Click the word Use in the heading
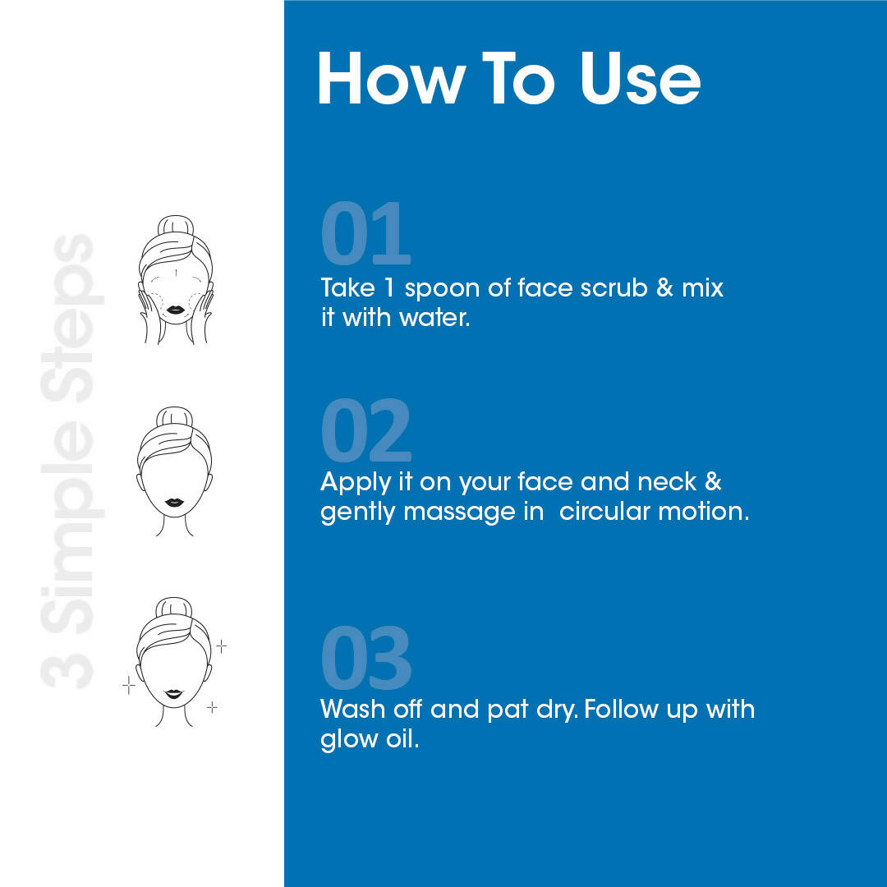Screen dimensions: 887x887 (x=641, y=78)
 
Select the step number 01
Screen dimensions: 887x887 (x=365, y=233)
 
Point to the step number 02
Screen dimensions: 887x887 (x=365, y=430)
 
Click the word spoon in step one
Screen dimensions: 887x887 (x=442, y=289)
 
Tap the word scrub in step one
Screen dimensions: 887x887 (x=614, y=287)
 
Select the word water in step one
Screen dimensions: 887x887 (x=434, y=317)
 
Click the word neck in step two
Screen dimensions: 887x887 (x=667, y=482)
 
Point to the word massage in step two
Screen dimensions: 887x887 (x=459, y=512)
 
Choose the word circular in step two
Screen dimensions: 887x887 (x=604, y=512)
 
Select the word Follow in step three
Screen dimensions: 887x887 (x=621, y=710)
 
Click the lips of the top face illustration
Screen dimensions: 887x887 (x=175, y=310)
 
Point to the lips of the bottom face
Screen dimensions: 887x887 (x=173, y=693)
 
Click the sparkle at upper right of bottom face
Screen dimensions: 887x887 (x=222, y=646)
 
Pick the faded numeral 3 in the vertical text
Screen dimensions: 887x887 (x=67, y=670)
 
